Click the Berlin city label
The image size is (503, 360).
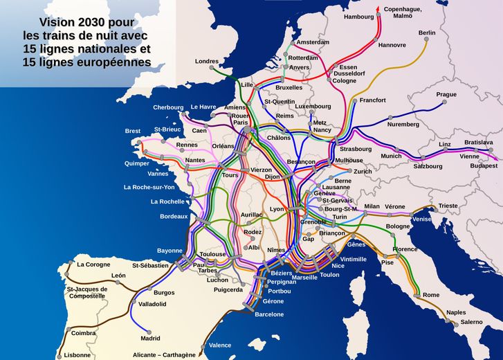(x=427, y=33)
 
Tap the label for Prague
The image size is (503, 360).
(x=446, y=94)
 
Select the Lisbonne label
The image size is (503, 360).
(x=77, y=355)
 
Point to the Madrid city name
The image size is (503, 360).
(x=150, y=339)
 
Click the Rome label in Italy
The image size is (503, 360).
(x=431, y=295)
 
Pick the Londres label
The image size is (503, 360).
(x=207, y=61)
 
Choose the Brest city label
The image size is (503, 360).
(x=132, y=131)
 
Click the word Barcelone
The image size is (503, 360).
(x=269, y=314)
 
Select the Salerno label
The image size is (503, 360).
(x=472, y=322)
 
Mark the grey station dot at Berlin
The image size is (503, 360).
(x=419, y=42)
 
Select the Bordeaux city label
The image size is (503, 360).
(x=174, y=217)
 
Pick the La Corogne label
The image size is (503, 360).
(x=93, y=264)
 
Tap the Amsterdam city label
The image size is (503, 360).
(x=313, y=42)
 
